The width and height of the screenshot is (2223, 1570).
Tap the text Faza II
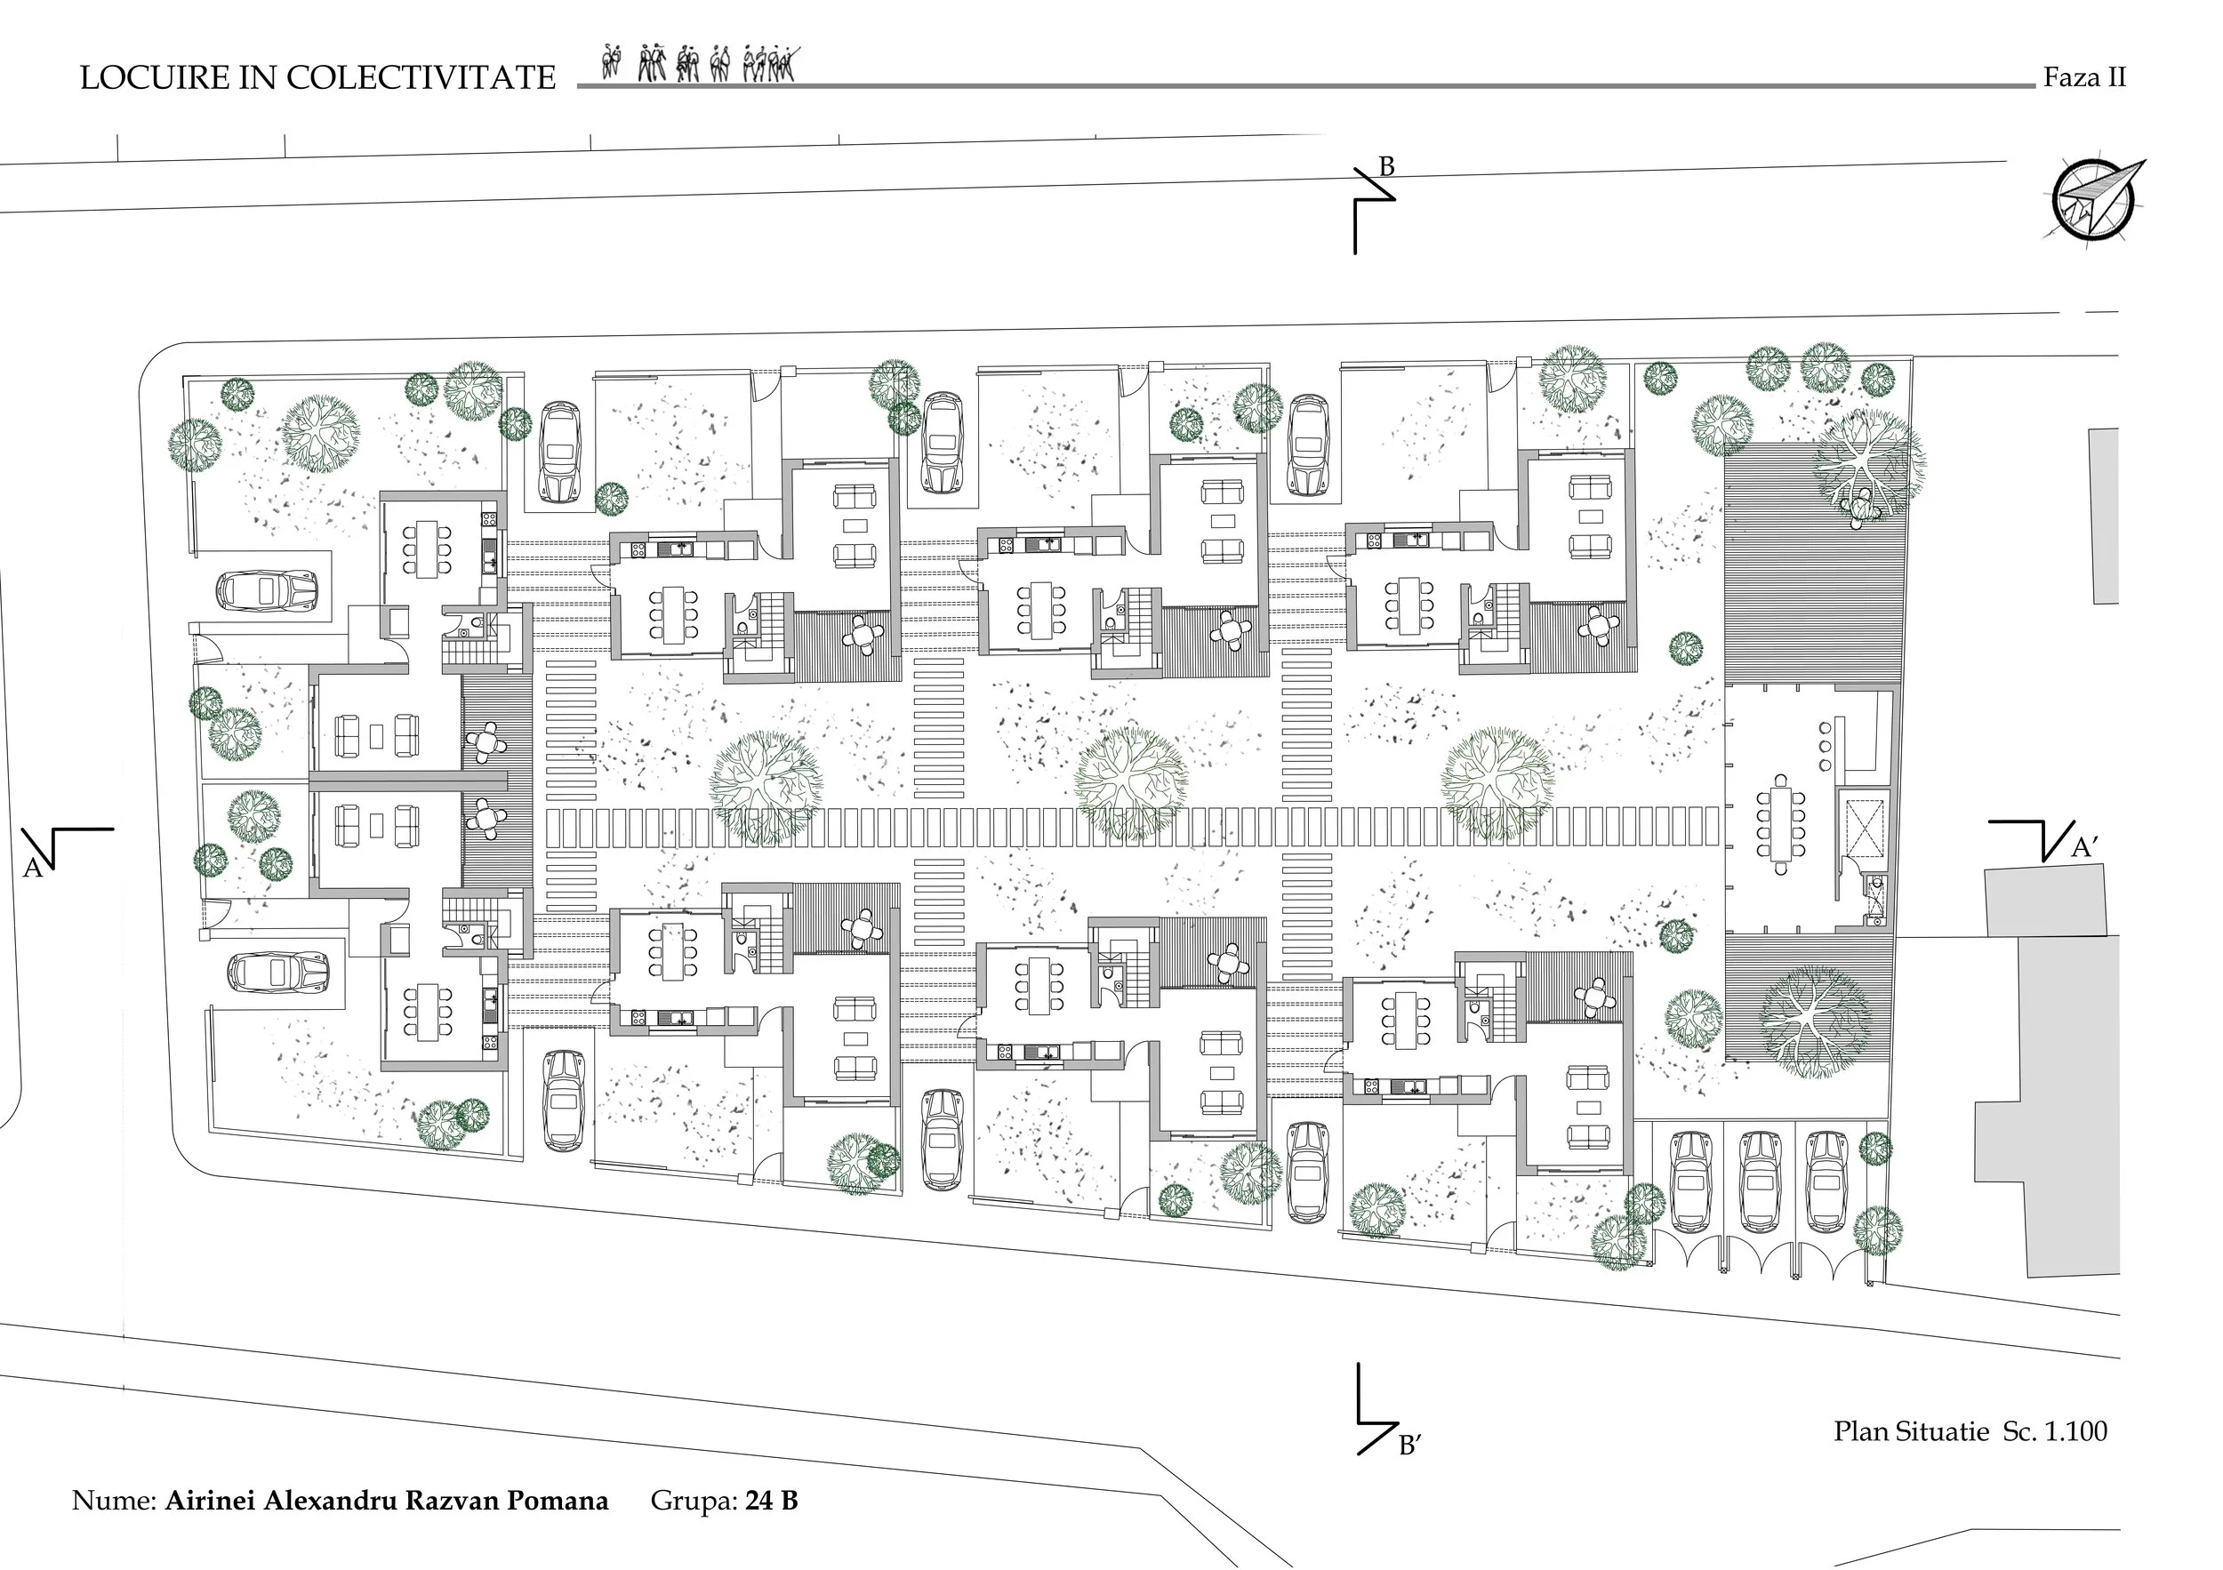pos(2083,77)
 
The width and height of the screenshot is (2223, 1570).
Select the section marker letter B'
pos(1408,1447)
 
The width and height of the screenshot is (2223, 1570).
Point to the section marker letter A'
pos(2084,849)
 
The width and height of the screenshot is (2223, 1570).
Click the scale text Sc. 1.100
pos(2055,1431)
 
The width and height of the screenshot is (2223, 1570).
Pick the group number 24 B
pos(772,1502)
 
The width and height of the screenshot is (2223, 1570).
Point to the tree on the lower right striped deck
pos(1813,1019)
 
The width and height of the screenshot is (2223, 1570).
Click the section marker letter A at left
pos(33,869)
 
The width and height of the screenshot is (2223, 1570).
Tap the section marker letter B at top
pos(1386,167)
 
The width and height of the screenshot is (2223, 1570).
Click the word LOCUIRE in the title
pos(155,78)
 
